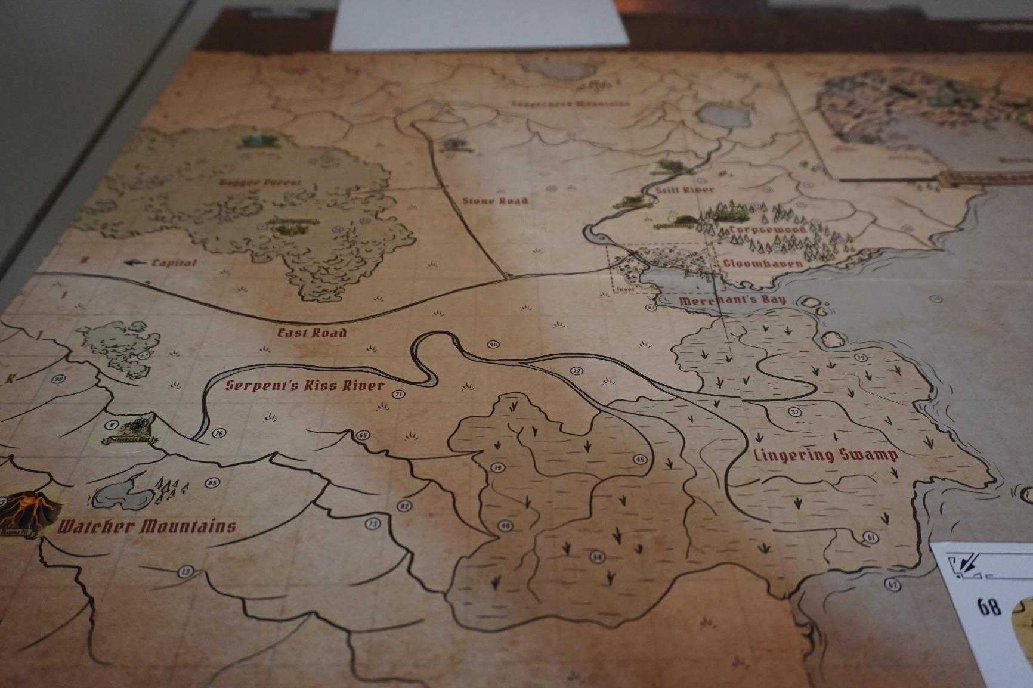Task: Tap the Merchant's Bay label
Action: pos(732,300)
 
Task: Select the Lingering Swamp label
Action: pos(826,455)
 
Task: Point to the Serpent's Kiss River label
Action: pos(305,385)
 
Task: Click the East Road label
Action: pos(312,333)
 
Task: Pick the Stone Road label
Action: pos(495,200)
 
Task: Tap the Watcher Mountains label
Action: pos(147,526)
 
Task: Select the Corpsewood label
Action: pos(768,230)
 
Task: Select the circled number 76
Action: pos(218,433)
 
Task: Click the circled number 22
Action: pos(576,371)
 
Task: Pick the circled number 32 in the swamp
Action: pos(794,412)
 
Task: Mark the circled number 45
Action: pos(639,460)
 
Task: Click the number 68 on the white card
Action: pos(989,607)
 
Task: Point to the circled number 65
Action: pos(363,435)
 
